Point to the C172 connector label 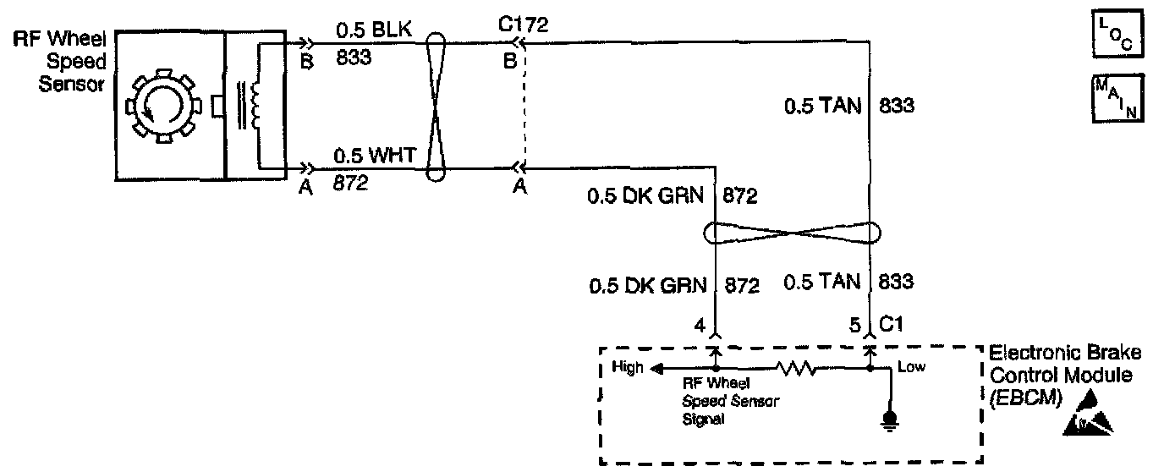point(525,25)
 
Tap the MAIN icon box point(1116,98)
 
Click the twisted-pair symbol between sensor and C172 point(435,107)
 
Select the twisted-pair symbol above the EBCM point(793,232)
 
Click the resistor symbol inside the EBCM point(794,369)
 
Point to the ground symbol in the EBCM point(889,419)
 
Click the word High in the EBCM point(626,368)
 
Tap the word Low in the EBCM point(912,367)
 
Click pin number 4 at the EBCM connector point(699,322)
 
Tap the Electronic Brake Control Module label point(1063,375)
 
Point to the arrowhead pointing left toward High point(658,368)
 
